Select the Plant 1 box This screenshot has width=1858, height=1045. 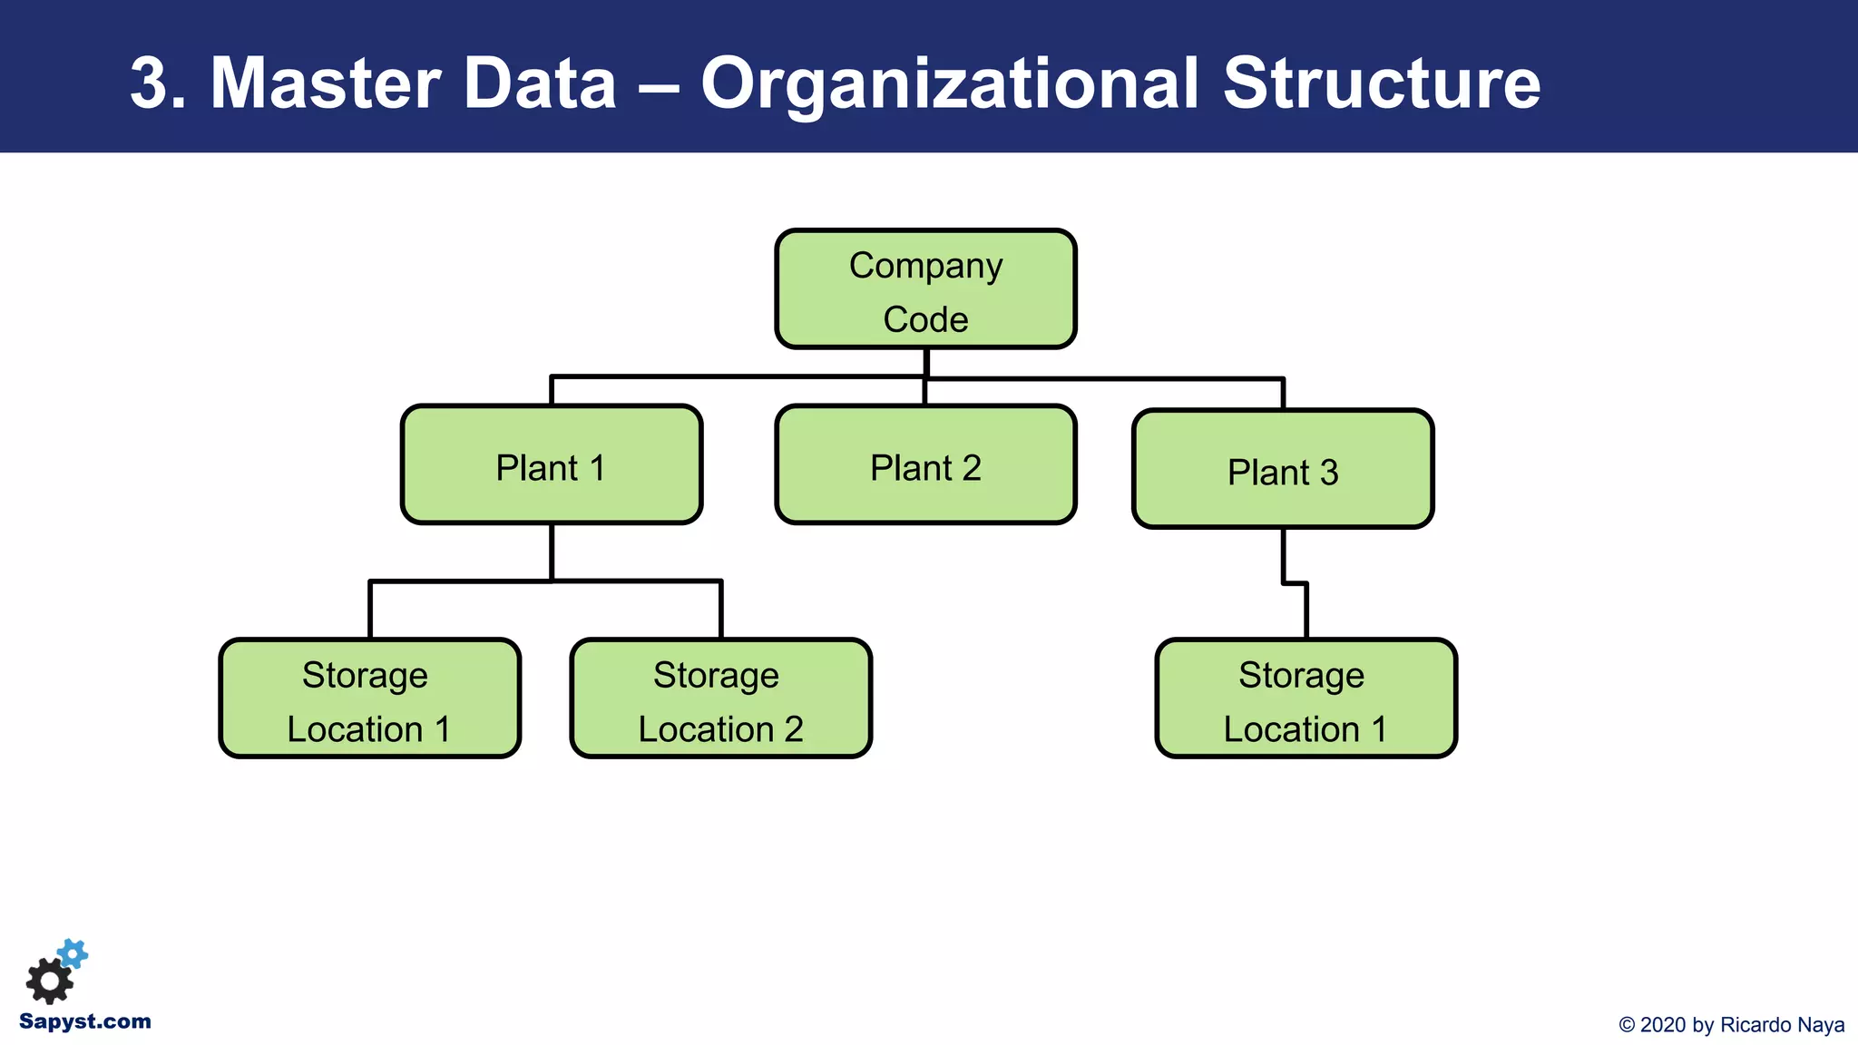pos(552,465)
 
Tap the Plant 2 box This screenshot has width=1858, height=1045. pos(925,465)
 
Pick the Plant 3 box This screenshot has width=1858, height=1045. pos(1283,470)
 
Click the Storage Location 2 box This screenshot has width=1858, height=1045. pos(720,698)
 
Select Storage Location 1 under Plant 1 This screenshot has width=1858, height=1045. pos(369,698)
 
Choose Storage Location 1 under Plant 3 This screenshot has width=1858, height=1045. pos(1305,698)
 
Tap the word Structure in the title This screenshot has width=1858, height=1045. pos(1381,83)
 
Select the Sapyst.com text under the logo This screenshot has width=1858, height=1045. pos(84,1021)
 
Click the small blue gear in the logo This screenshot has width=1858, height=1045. pos(73,953)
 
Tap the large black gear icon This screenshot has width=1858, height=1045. pos(49,981)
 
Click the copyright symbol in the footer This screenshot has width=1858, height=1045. pos(1627,1025)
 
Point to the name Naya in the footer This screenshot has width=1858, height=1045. pos(1819,1025)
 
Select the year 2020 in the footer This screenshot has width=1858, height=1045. pos(1664,1025)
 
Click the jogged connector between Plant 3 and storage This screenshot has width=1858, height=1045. pos(1296,583)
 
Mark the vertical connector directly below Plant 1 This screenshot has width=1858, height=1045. pos(552,550)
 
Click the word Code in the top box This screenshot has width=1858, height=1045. pos(925,319)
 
